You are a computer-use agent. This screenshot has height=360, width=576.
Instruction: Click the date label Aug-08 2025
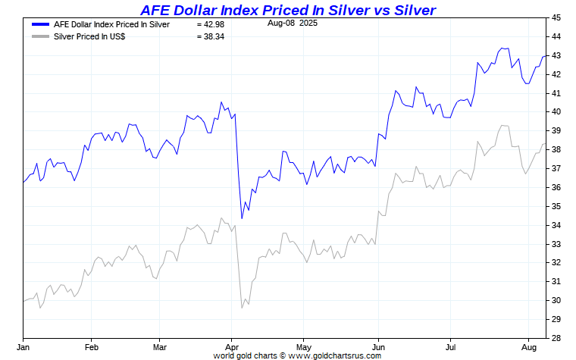click(293, 23)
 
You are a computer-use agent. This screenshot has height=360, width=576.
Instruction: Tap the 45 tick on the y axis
click(556, 17)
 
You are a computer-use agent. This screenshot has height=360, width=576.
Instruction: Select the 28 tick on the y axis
click(556, 338)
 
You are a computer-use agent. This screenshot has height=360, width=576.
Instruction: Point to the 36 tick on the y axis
click(556, 187)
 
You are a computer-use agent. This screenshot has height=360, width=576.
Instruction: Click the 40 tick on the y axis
click(556, 111)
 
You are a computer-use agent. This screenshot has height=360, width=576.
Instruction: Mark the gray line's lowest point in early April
click(242, 307)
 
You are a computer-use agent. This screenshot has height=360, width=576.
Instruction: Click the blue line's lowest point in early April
click(242, 218)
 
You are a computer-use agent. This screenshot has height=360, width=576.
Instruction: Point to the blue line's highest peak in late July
click(502, 49)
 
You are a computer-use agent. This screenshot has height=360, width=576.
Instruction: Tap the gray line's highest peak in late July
click(502, 126)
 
